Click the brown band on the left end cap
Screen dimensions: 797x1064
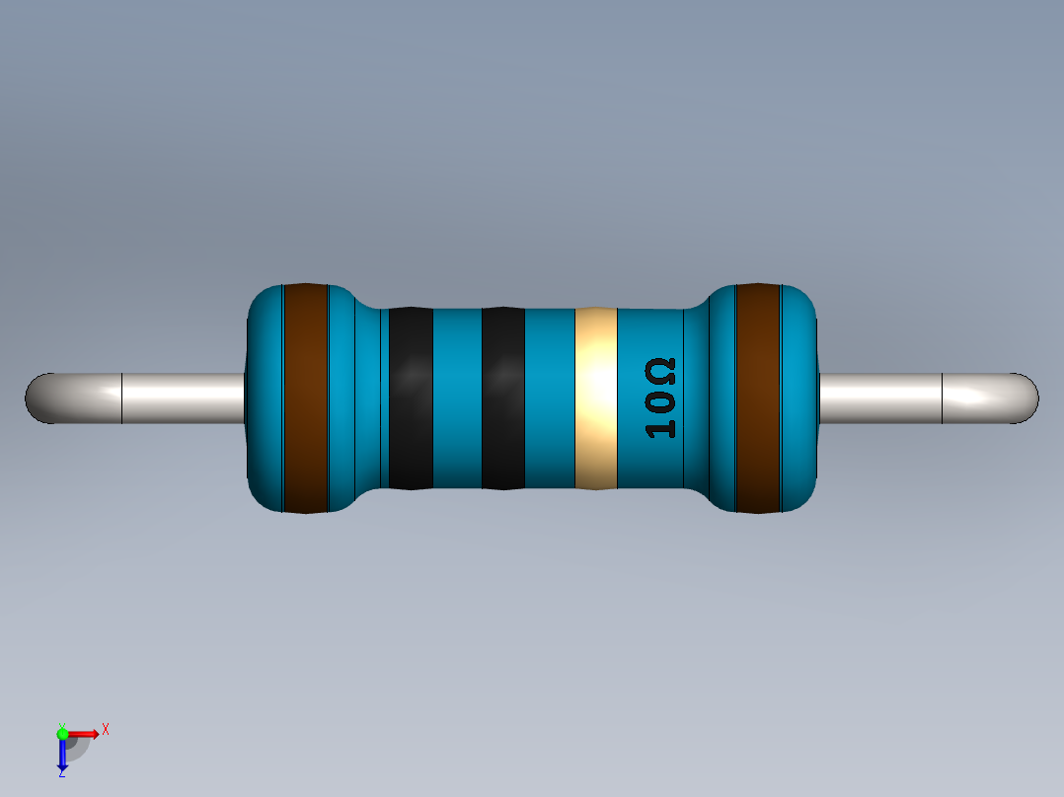(305, 398)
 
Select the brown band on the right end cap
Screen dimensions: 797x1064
(758, 398)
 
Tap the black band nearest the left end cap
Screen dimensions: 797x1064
(411, 398)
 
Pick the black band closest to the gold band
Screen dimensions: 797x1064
(502, 398)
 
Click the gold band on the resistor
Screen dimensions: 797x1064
(595, 398)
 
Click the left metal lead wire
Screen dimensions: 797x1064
(183, 398)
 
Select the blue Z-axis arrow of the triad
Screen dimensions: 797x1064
(62, 756)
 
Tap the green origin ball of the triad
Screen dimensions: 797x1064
(62, 733)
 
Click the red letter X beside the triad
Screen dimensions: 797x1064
(105, 730)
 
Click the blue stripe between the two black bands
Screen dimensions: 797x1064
(457, 398)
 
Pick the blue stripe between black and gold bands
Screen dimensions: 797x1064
(549, 398)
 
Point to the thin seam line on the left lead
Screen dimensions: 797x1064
(121, 398)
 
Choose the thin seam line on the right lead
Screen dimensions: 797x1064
(943, 398)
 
